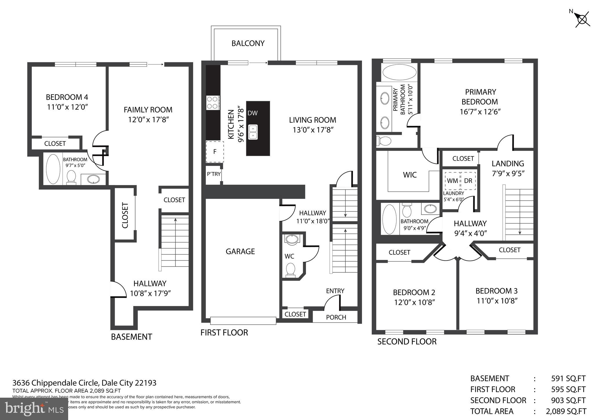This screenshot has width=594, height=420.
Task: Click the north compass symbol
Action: [x=582, y=20]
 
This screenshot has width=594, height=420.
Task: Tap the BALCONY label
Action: [x=248, y=43]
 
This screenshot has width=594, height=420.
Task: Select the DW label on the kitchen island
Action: [x=252, y=113]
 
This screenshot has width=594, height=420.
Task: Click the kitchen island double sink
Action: [x=253, y=132]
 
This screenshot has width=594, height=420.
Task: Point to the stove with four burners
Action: [x=213, y=103]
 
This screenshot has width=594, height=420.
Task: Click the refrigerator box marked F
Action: [x=215, y=151]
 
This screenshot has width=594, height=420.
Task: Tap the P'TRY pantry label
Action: [x=213, y=174]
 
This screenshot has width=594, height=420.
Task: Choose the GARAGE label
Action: [x=240, y=251]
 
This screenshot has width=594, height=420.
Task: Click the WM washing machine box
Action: [x=452, y=181]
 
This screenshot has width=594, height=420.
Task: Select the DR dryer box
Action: [x=468, y=181]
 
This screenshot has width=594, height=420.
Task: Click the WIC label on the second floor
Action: [x=410, y=175]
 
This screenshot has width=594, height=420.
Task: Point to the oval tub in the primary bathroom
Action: [x=399, y=72]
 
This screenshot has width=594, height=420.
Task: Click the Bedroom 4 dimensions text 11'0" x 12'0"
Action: [x=67, y=107]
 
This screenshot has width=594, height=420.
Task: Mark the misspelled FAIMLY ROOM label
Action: [x=148, y=110]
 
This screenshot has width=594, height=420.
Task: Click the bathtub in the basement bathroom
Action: [x=53, y=169]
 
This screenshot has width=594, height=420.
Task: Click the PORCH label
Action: [x=336, y=317]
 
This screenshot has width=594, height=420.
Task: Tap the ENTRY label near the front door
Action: [x=335, y=291]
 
